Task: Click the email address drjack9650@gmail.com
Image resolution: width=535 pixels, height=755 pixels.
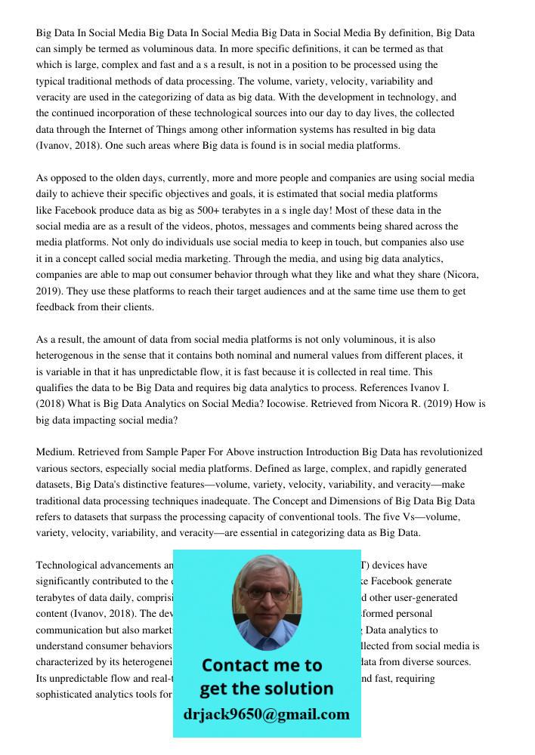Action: tap(266, 714)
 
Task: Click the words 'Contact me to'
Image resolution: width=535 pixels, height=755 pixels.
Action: tap(261, 665)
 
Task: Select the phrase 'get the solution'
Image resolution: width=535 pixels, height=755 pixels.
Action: tap(266, 689)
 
